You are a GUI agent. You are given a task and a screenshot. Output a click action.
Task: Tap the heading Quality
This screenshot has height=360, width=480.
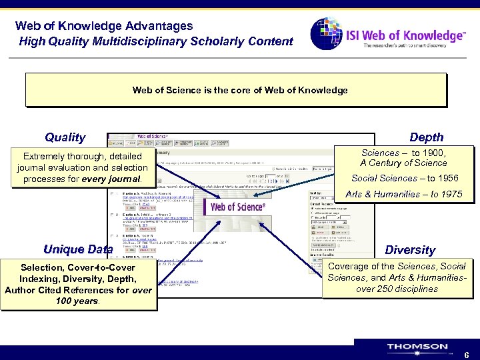(65, 137)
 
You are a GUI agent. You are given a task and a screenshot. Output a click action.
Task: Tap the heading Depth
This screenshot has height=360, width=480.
(426, 137)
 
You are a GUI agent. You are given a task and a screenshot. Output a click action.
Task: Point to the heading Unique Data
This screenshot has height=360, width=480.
(77, 250)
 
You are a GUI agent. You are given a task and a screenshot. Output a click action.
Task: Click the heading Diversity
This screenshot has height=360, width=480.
(410, 250)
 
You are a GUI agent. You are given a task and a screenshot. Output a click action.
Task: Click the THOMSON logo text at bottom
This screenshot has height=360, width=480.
(417, 347)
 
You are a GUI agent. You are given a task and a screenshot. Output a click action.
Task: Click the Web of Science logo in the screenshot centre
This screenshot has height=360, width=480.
(237, 207)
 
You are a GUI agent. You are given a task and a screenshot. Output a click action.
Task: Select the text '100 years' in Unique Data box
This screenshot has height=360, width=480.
(77, 301)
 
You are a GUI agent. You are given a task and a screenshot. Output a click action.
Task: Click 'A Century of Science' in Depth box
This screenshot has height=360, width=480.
(403, 163)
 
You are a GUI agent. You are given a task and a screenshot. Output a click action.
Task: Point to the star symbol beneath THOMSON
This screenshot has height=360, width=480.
(417, 354)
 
